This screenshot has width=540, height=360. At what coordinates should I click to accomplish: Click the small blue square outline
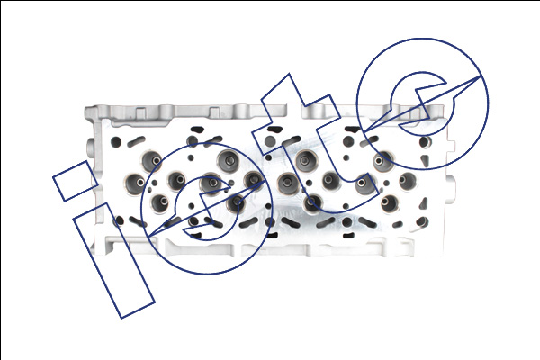tap(76, 181)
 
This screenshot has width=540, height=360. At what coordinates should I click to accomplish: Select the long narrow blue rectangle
tap(114, 261)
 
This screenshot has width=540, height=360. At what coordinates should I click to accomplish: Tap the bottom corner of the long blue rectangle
tap(121, 319)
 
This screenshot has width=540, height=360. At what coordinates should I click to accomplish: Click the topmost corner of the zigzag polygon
tap(289, 74)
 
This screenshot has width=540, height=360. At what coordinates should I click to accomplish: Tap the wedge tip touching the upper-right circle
tap(481, 76)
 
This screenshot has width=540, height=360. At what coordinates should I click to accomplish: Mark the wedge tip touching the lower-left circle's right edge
tap(265, 179)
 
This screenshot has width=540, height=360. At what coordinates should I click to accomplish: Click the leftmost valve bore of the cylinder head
tap(134, 184)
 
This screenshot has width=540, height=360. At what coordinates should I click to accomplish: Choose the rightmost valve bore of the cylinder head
tap(409, 181)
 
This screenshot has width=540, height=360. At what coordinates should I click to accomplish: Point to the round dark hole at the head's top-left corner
tap(116, 142)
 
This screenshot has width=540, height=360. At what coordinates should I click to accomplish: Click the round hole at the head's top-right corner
tap(425, 142)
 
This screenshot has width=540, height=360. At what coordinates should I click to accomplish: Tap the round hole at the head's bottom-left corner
tap(119, 221)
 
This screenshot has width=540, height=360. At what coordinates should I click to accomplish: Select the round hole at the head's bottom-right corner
tap(423, 221)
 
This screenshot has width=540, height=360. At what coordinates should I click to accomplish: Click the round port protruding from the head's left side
tap(90, 148)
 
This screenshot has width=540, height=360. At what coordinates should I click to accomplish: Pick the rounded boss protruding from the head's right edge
tap(450, 182)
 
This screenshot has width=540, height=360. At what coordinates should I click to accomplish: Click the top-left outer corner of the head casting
tap(85, 108)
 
